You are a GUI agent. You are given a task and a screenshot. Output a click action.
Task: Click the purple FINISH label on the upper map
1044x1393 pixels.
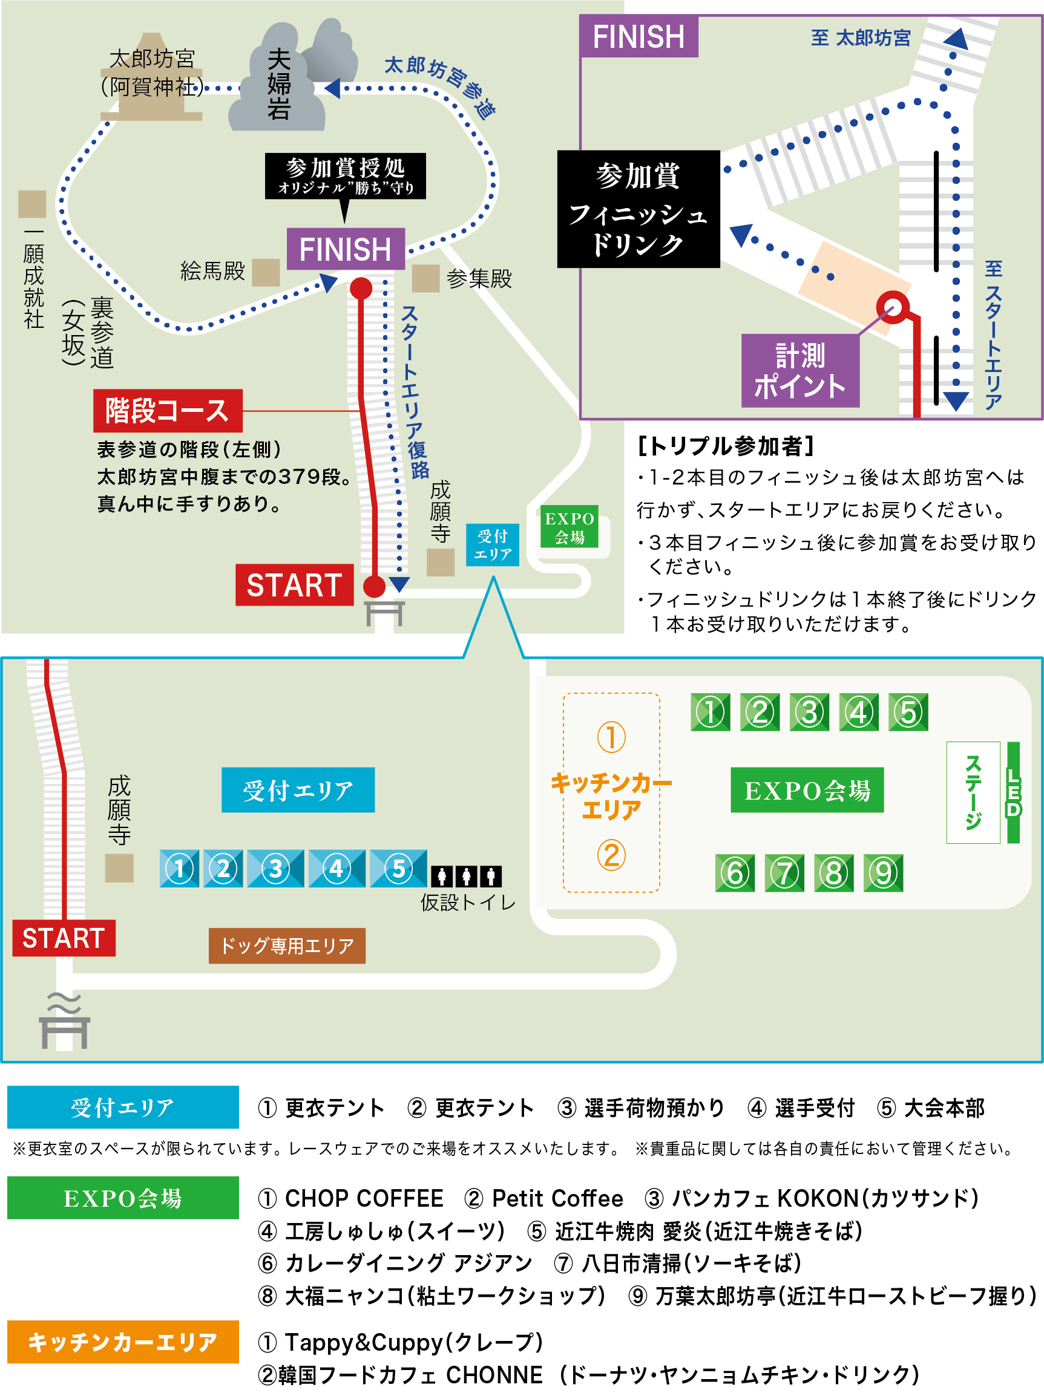(345, 249)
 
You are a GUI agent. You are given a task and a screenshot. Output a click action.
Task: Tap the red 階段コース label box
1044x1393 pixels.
(168, 411)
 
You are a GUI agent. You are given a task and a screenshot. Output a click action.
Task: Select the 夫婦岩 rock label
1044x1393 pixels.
(278, 83)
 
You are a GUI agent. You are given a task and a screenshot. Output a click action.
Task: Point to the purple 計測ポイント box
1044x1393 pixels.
(799, 371)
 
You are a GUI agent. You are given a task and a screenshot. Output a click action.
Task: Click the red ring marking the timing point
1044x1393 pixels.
(893, 307)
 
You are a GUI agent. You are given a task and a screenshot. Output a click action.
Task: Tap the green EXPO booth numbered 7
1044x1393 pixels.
(784, 873)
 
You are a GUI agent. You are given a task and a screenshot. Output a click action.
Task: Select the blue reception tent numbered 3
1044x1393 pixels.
(275, 869)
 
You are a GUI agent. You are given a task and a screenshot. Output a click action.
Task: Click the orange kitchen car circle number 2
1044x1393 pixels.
(611, 855)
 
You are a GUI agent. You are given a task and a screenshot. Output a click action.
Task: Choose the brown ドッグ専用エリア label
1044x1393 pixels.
(287, 945)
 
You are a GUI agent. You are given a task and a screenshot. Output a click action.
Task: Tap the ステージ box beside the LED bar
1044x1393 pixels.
(973, 792)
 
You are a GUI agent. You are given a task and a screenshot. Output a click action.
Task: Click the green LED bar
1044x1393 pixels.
(1013, 792)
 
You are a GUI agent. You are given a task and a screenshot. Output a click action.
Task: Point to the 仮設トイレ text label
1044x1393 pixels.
(467, 902)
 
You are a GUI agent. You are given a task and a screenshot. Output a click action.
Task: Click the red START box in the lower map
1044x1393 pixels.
(64, 938)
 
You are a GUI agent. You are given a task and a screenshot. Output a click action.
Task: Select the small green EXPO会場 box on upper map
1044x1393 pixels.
(569, 527)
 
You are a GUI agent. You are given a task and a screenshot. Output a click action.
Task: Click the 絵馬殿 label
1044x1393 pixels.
(212, 272)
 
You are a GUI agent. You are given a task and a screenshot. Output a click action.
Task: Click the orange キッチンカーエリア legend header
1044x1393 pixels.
(123, 1342)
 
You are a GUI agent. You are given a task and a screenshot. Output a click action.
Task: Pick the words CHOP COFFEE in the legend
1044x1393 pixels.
(364, 1198)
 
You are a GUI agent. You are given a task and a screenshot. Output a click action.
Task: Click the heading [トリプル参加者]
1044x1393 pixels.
(726, 446)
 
